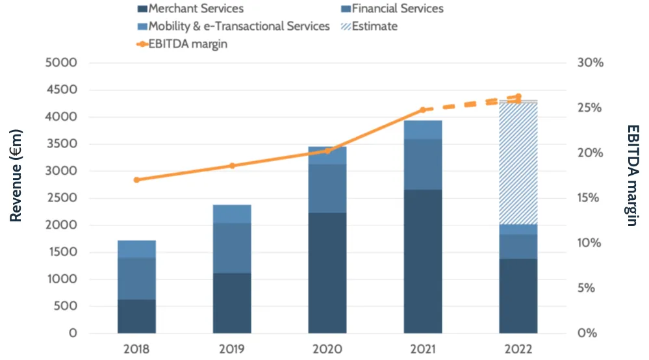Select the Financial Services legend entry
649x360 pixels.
click(401, 9)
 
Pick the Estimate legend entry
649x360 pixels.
click(374, 27)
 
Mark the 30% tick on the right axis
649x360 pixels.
click(591, 63)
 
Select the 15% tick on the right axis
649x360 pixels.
click(591, 198)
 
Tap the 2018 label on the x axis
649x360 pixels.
click(136, 349)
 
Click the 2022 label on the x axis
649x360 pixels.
click(518, 349)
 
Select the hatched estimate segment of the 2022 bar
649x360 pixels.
click(518, 162)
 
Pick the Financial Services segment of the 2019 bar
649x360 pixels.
click(232, 248)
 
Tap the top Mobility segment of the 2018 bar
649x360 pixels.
click(136, 249)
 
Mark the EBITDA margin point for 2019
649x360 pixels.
click(232, 166)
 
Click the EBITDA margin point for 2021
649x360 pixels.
click(423, 110)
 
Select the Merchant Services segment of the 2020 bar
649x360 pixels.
click(327, 273)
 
